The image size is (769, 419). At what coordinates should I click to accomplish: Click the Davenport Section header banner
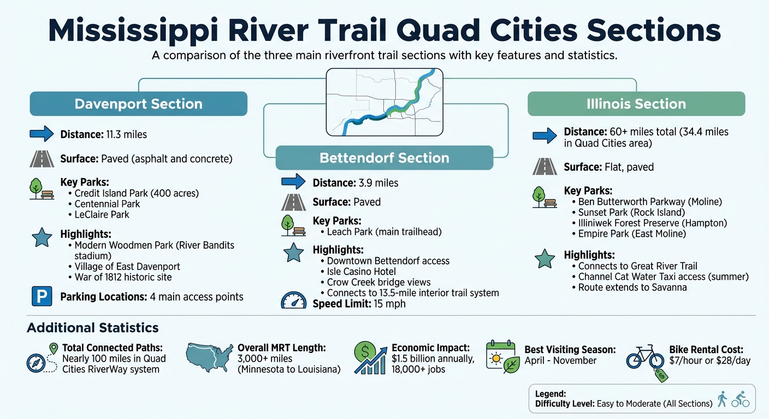(x=138, y=104)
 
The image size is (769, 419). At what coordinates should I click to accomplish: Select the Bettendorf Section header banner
(x=384, y=158)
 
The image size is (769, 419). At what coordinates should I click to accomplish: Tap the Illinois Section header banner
(x=636, y=104)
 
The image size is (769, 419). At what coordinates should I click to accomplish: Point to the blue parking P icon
(x=42, y=296)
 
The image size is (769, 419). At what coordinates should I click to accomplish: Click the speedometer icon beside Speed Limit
(x=294, y=301)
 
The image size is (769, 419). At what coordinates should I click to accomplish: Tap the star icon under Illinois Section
(x=545, y=259)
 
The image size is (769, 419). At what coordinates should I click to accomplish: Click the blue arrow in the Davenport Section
(x=42, y=134)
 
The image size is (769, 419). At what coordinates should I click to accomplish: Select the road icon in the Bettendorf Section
(x=293, y=202)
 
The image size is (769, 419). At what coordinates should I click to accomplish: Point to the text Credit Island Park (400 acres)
(x=137, y=193)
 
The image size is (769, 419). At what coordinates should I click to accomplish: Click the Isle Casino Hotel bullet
(x=362, y=272)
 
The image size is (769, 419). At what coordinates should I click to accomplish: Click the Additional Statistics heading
(x=93, y=328)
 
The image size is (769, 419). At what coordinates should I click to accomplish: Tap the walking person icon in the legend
(x=722, y=399)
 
